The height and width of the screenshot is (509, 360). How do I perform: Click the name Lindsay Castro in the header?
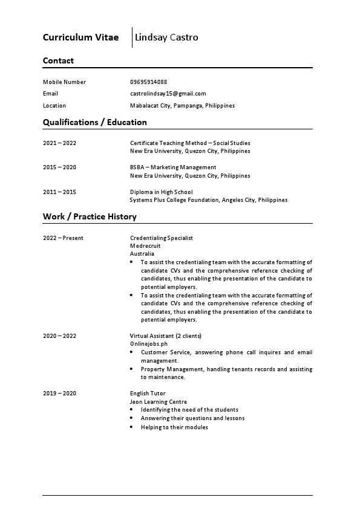(167, 37)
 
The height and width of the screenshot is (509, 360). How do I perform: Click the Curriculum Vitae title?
(80, 37)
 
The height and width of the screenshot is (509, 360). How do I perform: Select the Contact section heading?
(58, 60)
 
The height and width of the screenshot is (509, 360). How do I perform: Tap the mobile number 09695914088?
(148, 82)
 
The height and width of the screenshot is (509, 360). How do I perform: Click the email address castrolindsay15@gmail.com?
(168, 94)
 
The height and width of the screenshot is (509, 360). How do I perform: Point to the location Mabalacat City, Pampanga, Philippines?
(182, 106)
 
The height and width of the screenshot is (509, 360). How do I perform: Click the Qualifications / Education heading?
(94, 122)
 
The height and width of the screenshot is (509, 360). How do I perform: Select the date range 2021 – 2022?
(59, 143)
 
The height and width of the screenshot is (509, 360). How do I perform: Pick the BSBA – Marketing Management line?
(173, 167)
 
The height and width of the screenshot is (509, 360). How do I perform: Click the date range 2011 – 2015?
(59, 192)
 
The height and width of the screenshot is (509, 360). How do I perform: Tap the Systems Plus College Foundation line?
(208, 200)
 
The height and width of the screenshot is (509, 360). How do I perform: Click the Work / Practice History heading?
(90, 216)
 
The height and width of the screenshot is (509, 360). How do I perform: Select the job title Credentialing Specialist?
(162, 238)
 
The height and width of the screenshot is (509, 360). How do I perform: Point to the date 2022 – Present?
(63, 238)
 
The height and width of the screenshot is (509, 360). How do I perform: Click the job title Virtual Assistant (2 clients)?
(166, 336)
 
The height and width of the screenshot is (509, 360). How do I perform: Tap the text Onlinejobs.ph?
(149, 343)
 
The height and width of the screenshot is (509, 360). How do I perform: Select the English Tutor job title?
(148, 394)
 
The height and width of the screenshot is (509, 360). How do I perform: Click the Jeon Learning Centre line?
(159, 402)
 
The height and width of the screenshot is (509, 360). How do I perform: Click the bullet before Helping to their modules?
(133, 427)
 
